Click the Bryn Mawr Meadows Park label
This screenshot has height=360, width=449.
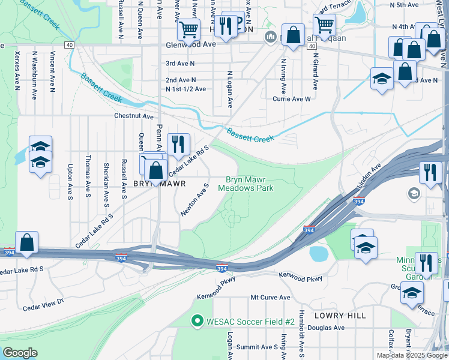coord(249,184)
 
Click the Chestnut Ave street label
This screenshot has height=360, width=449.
coord(134,116)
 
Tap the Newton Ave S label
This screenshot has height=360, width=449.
coord(194,200)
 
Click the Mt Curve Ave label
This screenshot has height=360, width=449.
coord(270,298)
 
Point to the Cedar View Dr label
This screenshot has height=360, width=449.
coord(43,304)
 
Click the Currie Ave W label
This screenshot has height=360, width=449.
coord(292,100)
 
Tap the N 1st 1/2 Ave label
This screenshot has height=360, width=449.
coord(185,89)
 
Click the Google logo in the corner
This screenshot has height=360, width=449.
coord(20,353)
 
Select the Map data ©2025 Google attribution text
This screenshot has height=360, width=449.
coord(411,355)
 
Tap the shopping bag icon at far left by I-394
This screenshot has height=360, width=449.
coord(27,242)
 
